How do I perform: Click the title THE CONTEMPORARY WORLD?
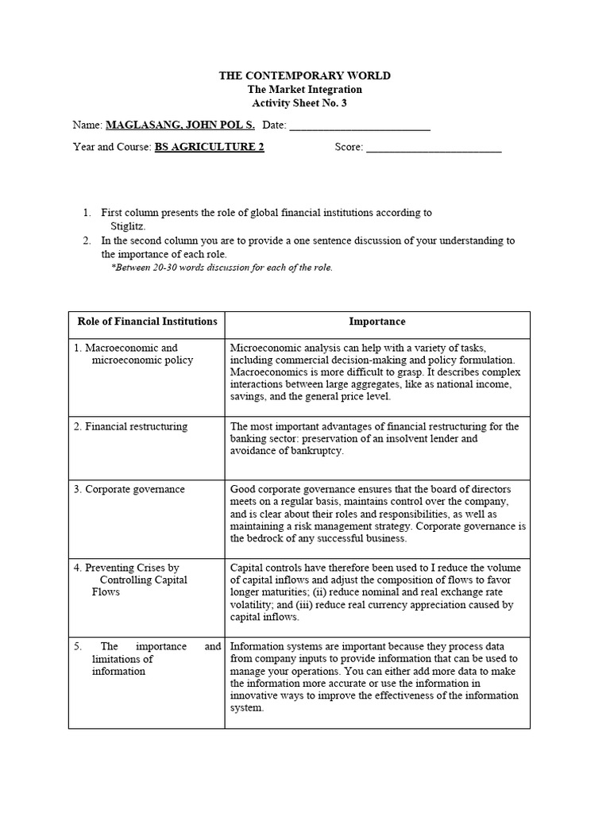coord(305,75)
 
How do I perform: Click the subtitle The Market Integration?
coord(305,89)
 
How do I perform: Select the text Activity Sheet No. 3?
coord(305,103)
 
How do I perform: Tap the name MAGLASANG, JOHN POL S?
coord(180,125)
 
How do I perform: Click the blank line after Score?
coord(434,148)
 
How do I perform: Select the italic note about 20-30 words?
coord(222,268)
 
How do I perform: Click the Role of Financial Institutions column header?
coord(147,322)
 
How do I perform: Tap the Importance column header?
coord(377,322)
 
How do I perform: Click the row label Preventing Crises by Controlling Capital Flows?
coord(132,580)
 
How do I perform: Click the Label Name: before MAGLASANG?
coord(87,125)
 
